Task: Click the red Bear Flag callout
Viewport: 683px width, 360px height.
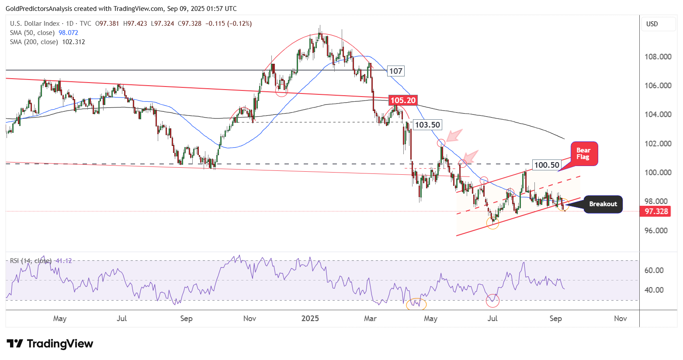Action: [583, 154]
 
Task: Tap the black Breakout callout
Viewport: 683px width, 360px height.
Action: [603, 204]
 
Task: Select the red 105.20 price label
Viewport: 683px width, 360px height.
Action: [402, 100]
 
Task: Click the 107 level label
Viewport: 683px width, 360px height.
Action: [395, 71]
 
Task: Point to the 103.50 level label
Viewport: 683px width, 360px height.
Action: [427, 125]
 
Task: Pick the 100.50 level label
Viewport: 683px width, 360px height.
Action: [546, 165]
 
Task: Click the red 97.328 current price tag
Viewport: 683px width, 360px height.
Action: [656, 211]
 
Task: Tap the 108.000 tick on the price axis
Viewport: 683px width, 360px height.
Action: [658, 57]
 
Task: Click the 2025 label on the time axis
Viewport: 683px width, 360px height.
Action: [310, 318]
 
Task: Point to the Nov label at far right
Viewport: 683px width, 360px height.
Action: [620, 318]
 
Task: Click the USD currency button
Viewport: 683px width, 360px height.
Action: [652, 24]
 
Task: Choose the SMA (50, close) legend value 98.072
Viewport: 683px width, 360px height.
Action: [68, 33]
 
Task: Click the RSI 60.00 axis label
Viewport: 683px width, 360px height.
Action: [654, 270]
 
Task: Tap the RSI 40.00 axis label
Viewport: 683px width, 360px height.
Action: [654, 290]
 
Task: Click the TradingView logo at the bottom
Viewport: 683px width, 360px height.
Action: [50, 344]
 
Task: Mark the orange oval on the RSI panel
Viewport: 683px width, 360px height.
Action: [416, 304]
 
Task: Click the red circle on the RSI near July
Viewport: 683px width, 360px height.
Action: [492, 301]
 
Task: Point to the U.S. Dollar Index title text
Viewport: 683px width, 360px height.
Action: [35, 24]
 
